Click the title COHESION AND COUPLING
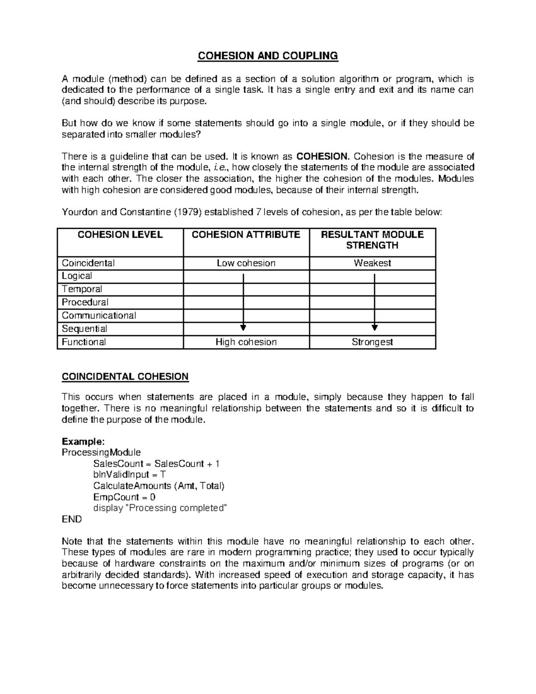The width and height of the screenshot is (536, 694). pos(268,56)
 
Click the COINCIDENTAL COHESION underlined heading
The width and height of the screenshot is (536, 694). pos(125,376)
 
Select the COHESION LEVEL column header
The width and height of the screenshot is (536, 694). pos(120,235)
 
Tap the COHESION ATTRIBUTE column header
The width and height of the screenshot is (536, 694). pos(246,235)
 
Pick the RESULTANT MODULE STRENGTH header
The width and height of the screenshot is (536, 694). pos(372,240)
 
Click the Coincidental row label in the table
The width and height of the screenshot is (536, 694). pos(88,263)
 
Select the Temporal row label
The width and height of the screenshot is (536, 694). pos(82,289)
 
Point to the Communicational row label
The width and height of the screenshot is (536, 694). pos(99,315)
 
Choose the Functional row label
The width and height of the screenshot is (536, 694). pos(84,342)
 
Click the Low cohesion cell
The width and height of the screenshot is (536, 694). pos(246,263)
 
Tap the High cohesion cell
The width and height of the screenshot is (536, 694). pos(246,342)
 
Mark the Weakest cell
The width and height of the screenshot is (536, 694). pos(372,263)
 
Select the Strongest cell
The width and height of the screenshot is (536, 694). pos(372,342)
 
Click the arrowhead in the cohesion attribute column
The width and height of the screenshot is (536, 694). pos(243,328)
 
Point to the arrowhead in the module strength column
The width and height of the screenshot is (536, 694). pos(374,328)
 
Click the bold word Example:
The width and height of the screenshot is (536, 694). pos(83,442)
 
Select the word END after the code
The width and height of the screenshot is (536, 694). pos(71,519)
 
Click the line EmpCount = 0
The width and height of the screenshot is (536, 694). pos(124,497)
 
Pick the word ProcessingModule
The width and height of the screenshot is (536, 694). pos(101,453)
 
